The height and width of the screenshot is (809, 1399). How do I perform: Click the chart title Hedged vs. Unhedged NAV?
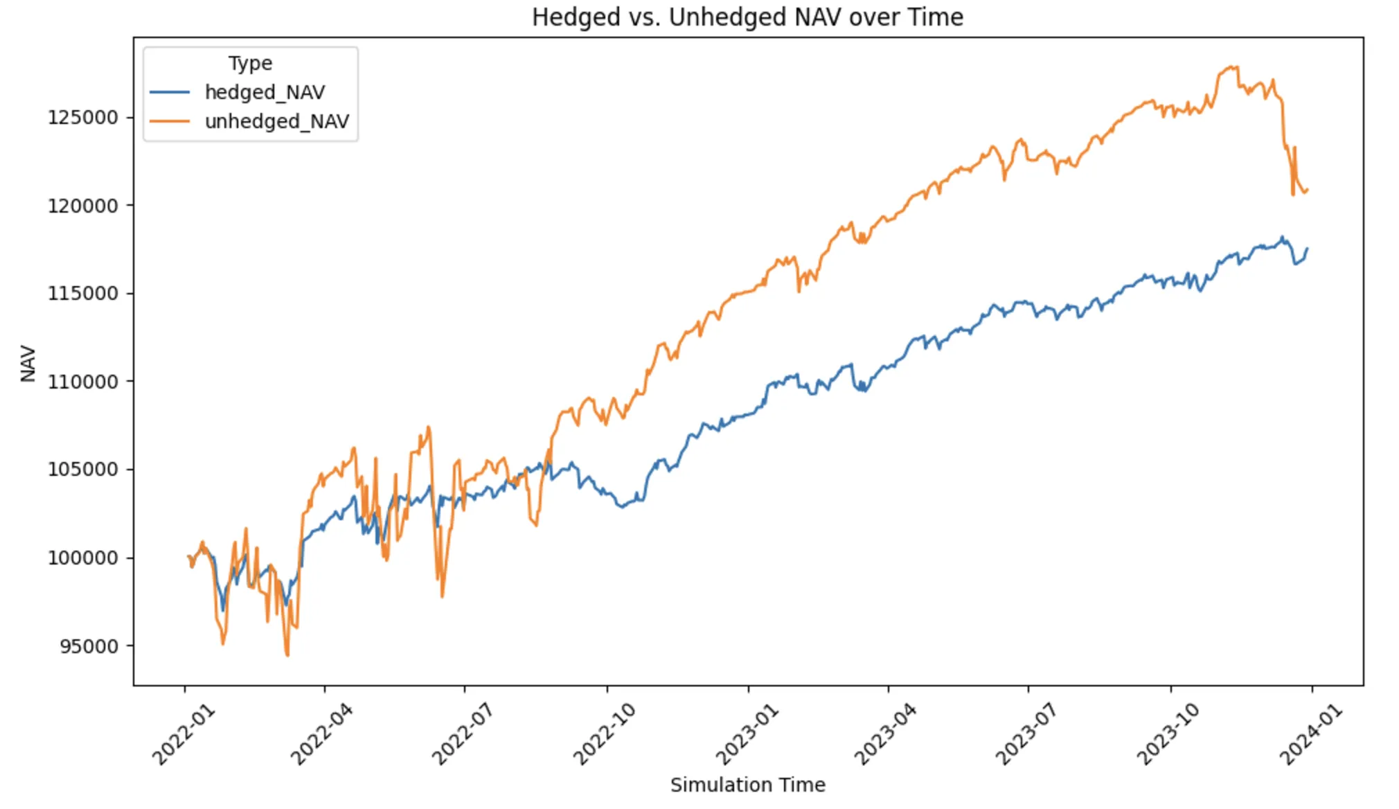[747, 17]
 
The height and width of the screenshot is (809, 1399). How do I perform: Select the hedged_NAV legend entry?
[265, 92]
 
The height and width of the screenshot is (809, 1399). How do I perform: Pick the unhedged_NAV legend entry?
[276, 121]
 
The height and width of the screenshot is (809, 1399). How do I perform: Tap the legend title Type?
[250, 63]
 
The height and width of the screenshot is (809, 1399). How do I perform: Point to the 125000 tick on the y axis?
[82, 117]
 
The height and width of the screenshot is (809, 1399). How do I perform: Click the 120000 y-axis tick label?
[82, 206]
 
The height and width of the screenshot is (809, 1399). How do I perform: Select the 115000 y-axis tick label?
[82, 294]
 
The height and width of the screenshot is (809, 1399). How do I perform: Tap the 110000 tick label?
[82, 382]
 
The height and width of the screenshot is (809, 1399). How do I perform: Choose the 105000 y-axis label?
[82, 470]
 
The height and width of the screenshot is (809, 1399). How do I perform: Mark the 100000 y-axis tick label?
[82, 558]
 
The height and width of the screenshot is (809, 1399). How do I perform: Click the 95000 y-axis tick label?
[89, 646]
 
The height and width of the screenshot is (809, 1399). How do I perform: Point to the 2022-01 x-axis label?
[183, 734]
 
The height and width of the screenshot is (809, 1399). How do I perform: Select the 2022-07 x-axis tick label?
[462, 734]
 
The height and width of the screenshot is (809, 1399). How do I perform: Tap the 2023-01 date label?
[746, 734]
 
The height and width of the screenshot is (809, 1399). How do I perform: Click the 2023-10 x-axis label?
[1168, 734]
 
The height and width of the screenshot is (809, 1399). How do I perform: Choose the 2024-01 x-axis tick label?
[1310, 734]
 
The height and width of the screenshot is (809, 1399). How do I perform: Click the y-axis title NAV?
[28, 363]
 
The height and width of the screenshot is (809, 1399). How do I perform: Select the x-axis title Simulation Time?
[747, 785]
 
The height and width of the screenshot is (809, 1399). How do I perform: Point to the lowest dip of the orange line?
[287, 655]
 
